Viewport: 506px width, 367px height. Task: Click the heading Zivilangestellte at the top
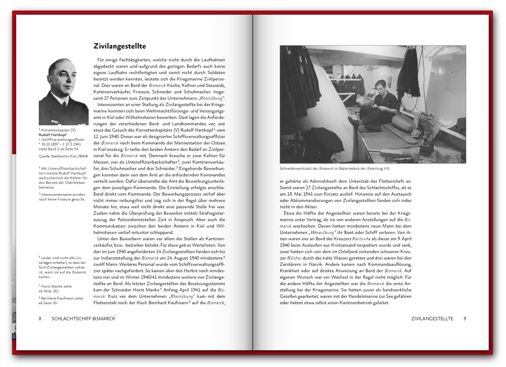pos(119,47)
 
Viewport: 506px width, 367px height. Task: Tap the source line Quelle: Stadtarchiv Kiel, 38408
pos(60,156)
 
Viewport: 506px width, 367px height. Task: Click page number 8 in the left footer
pos(40,318)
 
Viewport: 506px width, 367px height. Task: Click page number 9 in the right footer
pos(465,318)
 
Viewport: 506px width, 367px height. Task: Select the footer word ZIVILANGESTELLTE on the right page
pos(432,318)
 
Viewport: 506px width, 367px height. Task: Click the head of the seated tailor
pos(381,87)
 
